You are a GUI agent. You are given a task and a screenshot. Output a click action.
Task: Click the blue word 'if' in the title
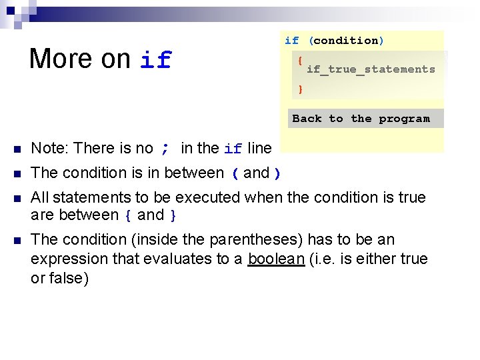[156, 60]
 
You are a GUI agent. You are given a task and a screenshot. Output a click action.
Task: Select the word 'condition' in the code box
[345, 41]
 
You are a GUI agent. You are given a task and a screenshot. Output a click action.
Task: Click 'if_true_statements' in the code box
[371, 69]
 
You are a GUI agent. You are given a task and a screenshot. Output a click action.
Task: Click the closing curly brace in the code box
[301, 89]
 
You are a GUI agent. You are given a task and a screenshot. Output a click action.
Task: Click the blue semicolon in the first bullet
[165, 148]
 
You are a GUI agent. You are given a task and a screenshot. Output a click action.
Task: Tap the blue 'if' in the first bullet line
[233, 149]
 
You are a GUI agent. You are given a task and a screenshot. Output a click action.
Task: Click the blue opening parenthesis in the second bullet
[235, 173]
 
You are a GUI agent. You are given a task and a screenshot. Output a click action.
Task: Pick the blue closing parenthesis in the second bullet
[277, 173]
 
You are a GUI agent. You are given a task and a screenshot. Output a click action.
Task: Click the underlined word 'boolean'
[276, 259]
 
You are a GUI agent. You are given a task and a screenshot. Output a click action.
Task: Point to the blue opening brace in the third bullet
[127, 215]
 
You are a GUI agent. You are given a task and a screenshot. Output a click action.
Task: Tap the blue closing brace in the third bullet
[173, 215]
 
